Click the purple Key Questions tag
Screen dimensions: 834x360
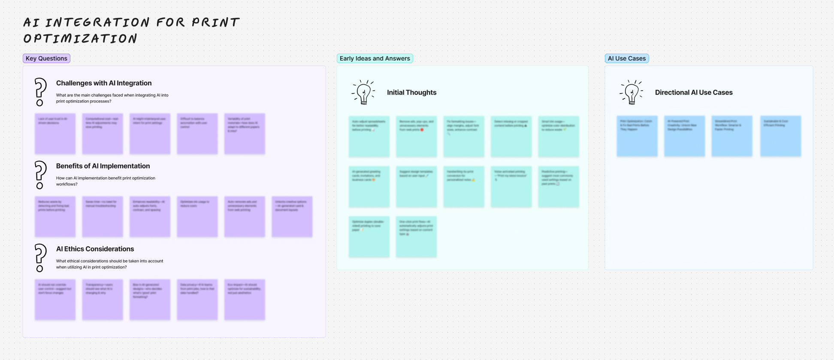tap(46, 58)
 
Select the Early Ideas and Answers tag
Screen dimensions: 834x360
tap(375, 58)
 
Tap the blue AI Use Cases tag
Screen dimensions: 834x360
tap(626, 58)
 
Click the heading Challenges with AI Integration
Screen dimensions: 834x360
tap(104, 83)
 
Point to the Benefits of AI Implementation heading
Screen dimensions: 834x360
tap(103, 166)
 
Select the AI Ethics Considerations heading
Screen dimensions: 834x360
tap(95, 249)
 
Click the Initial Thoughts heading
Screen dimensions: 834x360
tap(411, 92)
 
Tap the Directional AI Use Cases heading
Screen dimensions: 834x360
tap(694, 92)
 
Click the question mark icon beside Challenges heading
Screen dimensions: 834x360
tap(40, 92)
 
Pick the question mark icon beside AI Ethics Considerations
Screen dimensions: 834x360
tap(40, 258)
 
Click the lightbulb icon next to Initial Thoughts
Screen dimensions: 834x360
tap(363, 92)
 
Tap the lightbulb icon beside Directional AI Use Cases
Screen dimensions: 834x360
tap(632, 92)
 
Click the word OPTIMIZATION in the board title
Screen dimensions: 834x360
tap(80, 39)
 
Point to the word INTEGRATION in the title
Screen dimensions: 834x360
tap(97, 22)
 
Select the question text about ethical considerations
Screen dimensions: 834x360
tap(109, 264)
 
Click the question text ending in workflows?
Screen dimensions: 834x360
tap(106, 181)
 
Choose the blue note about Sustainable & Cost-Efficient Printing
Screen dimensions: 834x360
tap(780, 136)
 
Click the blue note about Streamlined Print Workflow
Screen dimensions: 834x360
tap(731, 136)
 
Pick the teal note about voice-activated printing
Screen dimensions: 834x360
tap(511, 187)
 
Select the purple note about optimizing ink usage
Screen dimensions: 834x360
tap(197, 217)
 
